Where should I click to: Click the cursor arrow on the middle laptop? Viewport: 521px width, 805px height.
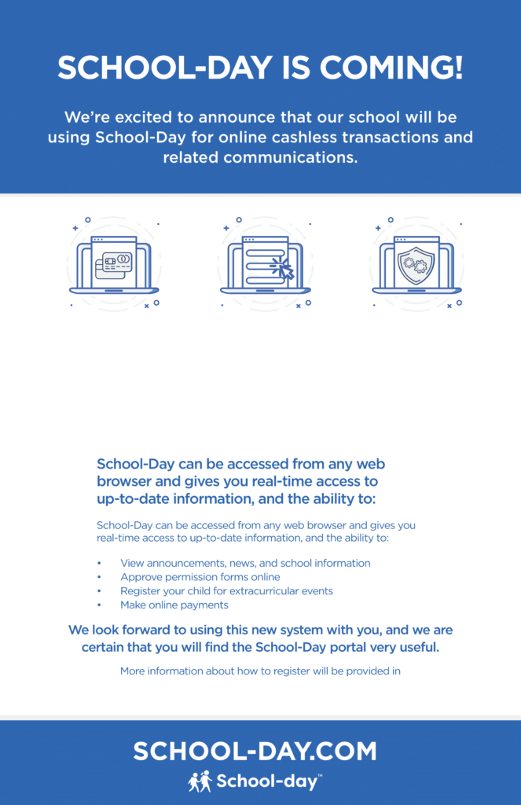coord(283,269)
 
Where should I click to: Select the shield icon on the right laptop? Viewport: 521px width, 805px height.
coord(416,266)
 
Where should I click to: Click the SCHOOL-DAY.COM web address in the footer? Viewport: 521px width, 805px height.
coord(255,752)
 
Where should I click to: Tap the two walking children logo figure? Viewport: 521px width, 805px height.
coord(200,781)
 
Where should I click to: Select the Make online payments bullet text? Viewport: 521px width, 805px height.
coord(174,605)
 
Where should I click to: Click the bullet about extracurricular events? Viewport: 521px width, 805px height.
coord(226,590)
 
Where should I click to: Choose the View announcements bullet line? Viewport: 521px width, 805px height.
coord(245,563)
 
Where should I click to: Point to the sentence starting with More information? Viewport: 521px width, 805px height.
coord(260,671)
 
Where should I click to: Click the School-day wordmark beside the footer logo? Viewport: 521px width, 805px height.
coord(268,781)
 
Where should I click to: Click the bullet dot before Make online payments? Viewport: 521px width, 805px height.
coord(99,605)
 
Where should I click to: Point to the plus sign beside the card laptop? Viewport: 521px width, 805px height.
coord(75,228)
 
